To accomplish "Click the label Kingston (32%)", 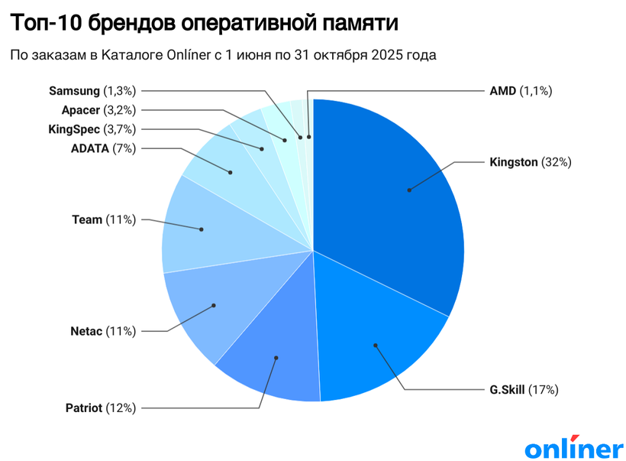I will click(x=530, y=162).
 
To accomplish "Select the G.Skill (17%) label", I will click(x=524, y=390).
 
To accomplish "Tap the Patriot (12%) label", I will click(x=101, y=407).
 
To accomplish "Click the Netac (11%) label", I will click(x=103, y=331).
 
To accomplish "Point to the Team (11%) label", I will click(x=104, y=220).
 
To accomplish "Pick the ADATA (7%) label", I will click(x=103, y=148).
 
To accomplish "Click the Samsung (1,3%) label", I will click(x=92, y=91).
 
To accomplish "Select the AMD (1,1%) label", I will click(x=520, y=91).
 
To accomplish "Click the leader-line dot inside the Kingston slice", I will click(x=409, y=190).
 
